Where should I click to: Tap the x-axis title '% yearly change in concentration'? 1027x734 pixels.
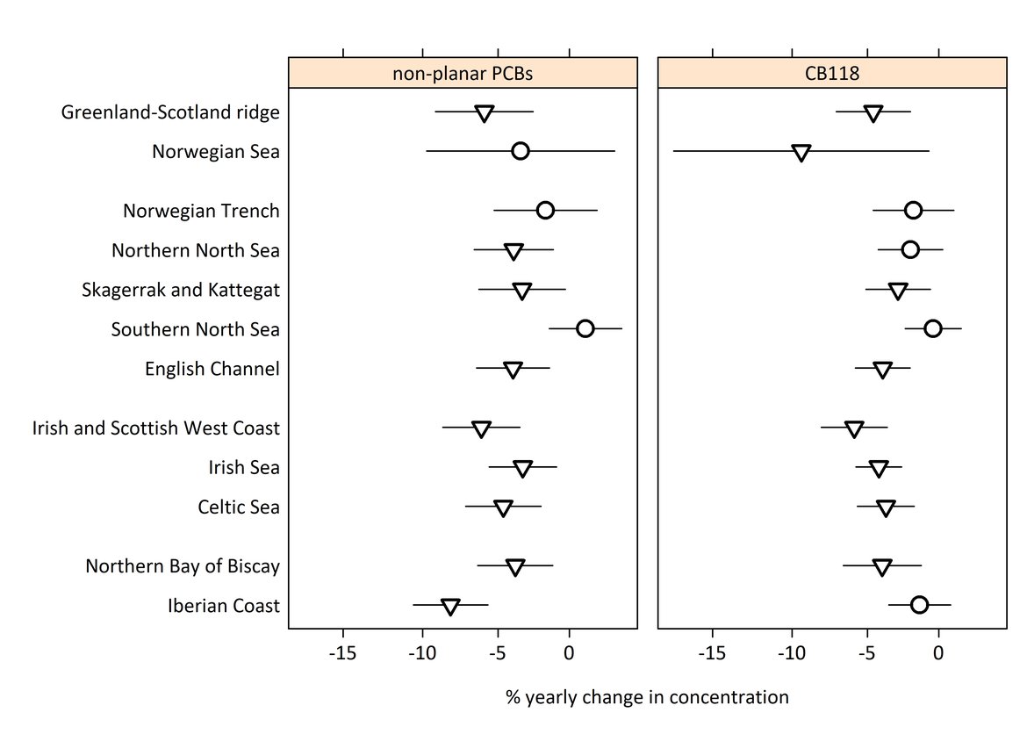click(647, 698)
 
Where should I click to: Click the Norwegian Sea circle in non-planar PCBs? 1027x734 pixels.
click(521, 151)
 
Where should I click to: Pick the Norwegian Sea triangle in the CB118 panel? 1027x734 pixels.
click(801, 153)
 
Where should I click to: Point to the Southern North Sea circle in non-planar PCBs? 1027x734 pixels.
click(585, 328)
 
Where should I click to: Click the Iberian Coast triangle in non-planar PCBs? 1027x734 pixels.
click(450, 607)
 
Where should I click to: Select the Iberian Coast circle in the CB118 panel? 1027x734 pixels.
click(919, 604)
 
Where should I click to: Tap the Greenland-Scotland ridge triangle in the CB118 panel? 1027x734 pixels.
click(873, 113)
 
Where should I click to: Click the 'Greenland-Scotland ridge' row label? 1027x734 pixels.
click(170, 112)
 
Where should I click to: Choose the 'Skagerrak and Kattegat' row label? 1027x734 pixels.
click(181, 290)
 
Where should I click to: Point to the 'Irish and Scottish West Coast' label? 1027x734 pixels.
click(155, 428)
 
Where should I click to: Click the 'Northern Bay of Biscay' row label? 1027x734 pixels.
click(183, 566)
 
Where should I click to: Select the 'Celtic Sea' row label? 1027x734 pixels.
click(239, 507)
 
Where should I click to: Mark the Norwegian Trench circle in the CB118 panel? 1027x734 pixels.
click(913, 211)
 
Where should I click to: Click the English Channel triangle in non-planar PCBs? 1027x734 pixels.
click(513, 370)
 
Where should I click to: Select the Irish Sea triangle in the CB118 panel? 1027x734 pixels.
click(879, 469)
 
